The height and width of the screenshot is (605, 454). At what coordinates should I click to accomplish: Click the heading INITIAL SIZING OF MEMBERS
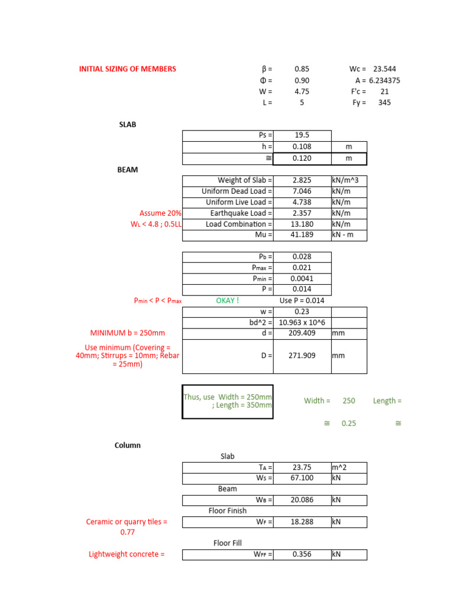pos(128,69)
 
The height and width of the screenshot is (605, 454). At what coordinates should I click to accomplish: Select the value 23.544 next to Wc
pos(384,69)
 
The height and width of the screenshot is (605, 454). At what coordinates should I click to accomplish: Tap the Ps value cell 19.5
pos(301,135)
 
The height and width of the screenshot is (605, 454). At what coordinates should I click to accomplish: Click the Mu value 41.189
pos(301,235)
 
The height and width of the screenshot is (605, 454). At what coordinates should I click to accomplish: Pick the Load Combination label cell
pos(228,225)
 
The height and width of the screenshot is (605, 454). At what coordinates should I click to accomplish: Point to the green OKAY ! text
pos(228,300)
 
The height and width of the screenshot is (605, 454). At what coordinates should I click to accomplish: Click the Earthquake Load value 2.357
pos(301,213)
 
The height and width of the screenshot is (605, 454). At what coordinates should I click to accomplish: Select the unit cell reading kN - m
pos(349,235)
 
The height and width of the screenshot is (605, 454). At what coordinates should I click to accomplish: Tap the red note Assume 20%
pos(161,213)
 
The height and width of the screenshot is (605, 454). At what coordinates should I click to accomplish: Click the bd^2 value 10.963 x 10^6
pos(302,323)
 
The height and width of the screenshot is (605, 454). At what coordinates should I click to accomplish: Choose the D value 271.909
pos(301,356)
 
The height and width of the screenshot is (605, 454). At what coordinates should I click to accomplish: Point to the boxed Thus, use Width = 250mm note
pos(228,401)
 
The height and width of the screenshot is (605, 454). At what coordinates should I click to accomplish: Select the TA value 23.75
pos(301,467)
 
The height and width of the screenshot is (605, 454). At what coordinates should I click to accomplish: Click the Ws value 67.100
pos(301,478)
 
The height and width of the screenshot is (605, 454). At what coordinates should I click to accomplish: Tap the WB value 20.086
pos(301,500)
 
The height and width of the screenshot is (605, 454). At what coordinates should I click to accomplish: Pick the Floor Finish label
pos(228,510)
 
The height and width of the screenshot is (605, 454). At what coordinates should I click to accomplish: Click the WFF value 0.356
pos(301,555)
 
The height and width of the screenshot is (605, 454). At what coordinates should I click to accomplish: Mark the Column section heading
pos(128,445)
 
